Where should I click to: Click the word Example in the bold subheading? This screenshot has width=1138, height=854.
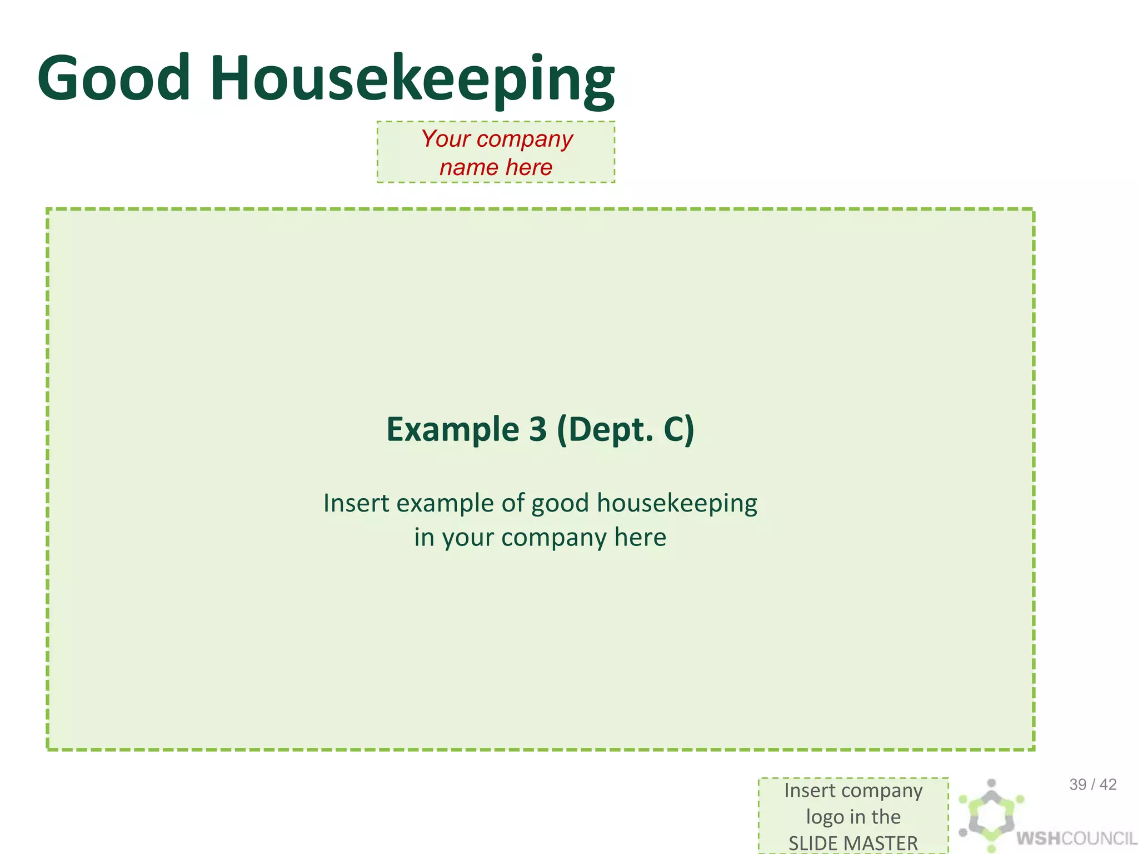(x=452, y=429)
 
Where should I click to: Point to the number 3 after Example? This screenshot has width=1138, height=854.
(x=537, y=429)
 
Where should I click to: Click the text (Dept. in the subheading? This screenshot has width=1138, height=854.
(x=605, y=430)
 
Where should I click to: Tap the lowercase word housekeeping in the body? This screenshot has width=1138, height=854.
(x=677, y=503)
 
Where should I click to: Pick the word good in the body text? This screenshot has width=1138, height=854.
(x=560, y=504)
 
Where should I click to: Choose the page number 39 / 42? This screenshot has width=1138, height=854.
(x=1092, y=785)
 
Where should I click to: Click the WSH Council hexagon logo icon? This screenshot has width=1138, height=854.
(x=991, y=815)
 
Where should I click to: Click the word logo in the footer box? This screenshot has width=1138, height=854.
(x=825, y=817)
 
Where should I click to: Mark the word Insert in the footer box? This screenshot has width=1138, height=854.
(x=810, y=790)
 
